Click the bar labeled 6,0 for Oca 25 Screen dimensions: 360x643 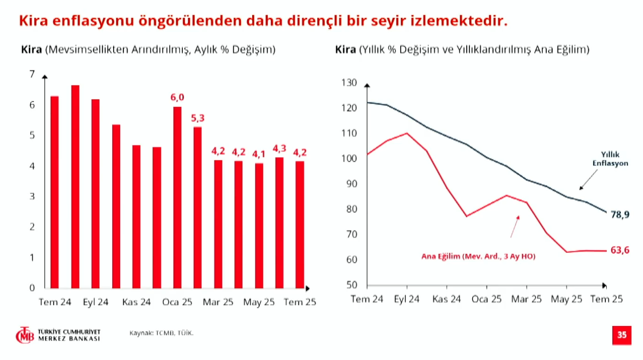pyautogui.click(x=177, y=197)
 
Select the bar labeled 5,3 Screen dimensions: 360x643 pyautogui.click(x=198, y=207)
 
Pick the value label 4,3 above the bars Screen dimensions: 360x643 pyautogui.click(x=280, y=148)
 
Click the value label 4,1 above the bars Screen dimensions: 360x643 pyautogui.click(x=259, y=154)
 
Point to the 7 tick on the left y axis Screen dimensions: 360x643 pyautogui.click(x=32, y=74)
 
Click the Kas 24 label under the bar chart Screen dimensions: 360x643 pyautogui.click(x=136, y=302)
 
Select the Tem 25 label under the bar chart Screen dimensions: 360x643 pyautogui.click(x=300, y=302)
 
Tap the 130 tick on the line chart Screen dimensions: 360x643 pyautogui.click(x=349, y=83)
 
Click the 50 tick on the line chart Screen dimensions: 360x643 pyautogui.click(x=351, y=285)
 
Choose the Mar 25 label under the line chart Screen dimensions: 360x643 pyautogui.click(x=527, y=299)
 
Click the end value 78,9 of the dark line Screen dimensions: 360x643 pyautogui.click(x=620, y=215)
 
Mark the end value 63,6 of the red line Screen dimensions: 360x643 pyautogui.click(x=620, y=250)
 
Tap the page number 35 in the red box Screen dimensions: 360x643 pyautogui.click(x=622, y=335)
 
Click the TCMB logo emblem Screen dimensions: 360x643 pyautogui.click(x=25, y=335)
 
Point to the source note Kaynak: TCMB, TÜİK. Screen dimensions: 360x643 pyautogui.click(x=161, y=333)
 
